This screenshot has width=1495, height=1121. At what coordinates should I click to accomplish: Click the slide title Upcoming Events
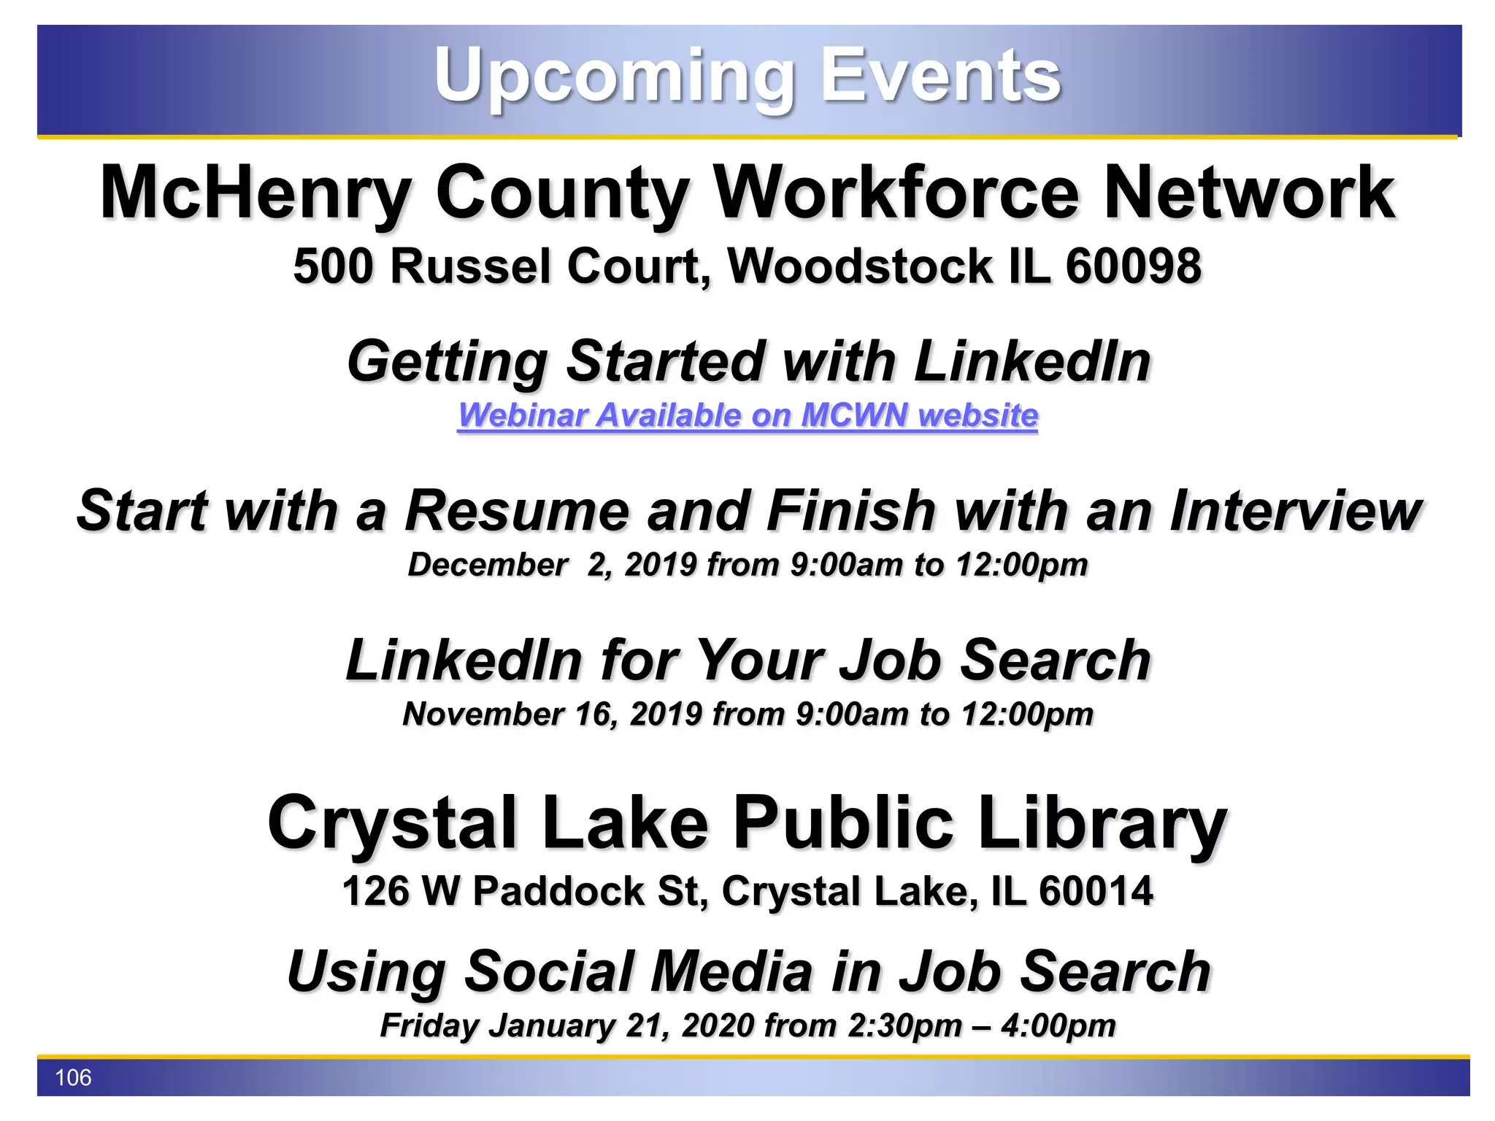[747, 75]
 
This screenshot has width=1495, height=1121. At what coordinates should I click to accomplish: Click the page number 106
[73, 1078]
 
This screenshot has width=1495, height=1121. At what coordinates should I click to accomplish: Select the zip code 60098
[1133, 266]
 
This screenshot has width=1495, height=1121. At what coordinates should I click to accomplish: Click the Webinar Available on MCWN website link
[747, 415]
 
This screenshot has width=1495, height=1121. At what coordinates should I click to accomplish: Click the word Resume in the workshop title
[516, 511]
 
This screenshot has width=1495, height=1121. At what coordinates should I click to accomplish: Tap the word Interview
[1295, 511]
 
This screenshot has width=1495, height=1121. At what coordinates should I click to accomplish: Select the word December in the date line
[488, 565]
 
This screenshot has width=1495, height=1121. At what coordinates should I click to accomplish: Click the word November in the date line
[483, 714]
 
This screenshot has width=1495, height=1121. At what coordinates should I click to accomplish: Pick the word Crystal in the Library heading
[393, 823]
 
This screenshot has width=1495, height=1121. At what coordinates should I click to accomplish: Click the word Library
[1102, 823]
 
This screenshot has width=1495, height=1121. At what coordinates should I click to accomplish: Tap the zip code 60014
[1096, 892]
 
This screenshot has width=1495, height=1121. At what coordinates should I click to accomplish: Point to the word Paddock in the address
[558, 892]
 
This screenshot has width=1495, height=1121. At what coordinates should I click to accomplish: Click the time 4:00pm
[1058, 1026]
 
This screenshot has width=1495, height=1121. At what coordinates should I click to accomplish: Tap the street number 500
[333, 266]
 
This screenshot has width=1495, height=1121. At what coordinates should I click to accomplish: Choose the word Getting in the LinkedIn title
[447, 362]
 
